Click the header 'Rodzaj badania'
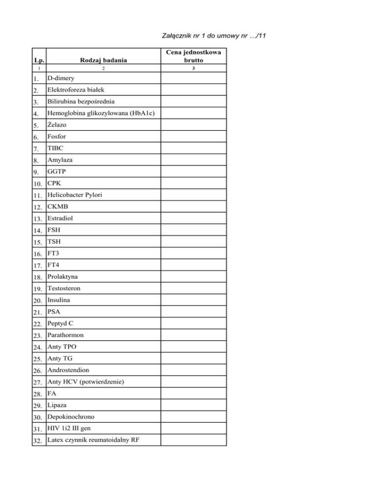point(104,60)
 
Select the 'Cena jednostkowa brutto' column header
point(194,56)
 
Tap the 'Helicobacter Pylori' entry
point(75,195)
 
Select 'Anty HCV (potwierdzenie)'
point(85,381)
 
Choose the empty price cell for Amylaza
point(194,160)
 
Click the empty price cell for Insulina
point(194,300)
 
